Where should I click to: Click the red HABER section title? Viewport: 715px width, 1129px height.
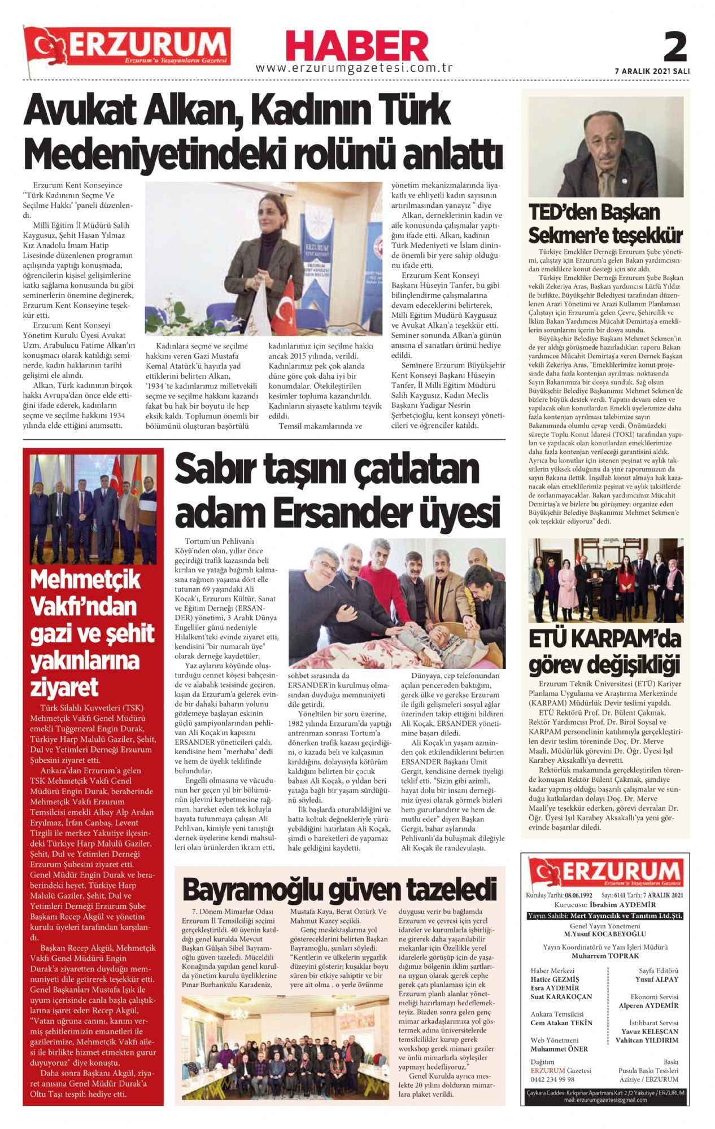(357, 46)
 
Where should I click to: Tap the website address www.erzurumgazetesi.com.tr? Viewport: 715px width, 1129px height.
(354, 68)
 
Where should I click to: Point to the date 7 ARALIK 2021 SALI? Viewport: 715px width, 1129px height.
(652, 72)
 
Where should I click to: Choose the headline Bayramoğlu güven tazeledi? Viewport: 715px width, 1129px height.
(339, 890)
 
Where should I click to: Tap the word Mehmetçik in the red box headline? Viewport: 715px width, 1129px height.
(85, 580)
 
